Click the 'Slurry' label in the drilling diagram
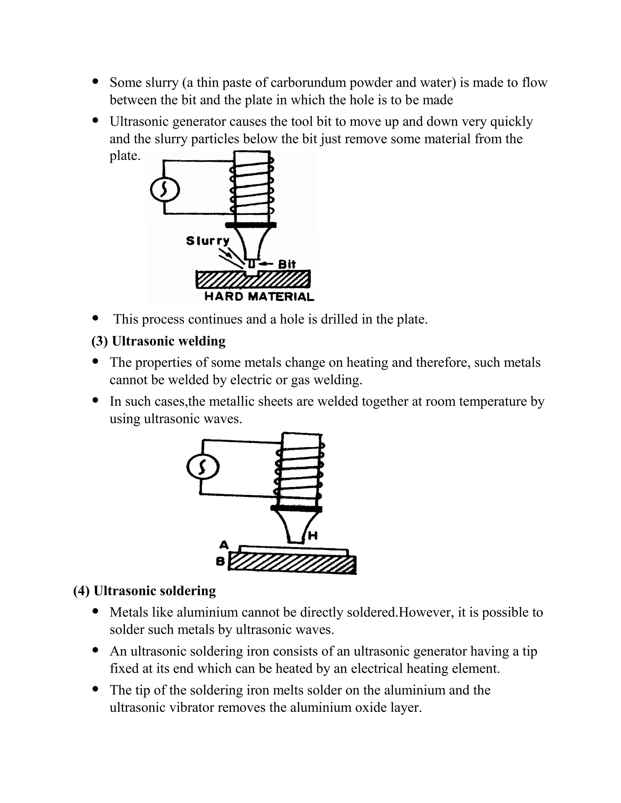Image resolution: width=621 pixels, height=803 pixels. click(207, 241)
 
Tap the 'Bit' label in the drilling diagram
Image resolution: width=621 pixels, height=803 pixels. click(287, 264)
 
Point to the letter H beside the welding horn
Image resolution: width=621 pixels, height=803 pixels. click(312, 536)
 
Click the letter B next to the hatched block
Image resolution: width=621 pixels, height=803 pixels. click(220, 561)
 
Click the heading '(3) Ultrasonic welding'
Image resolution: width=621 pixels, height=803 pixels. click(158, 341)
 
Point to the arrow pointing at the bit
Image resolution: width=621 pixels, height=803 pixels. click(266, 264)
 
